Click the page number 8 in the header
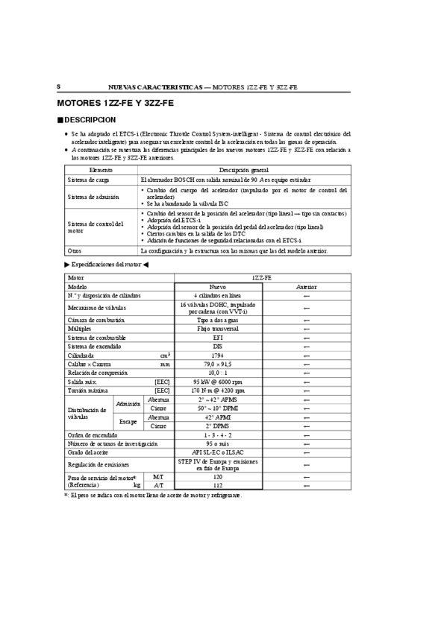click(58, 86)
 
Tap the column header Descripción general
click(244, 171)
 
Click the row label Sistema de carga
click(87, 180)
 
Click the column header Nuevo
click(217, 286)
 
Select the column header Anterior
click(306, 286)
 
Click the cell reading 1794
click(217, 355)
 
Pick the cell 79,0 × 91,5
click(217, 364)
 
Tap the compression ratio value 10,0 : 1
click(217, 373)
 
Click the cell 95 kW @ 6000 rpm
click(217, 382)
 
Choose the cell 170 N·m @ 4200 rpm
click(217, 391)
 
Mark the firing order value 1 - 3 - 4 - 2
click(217, 434)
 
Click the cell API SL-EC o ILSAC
click(217, 452)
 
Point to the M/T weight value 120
click(217, 476)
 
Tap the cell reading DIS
click(217, 346)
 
